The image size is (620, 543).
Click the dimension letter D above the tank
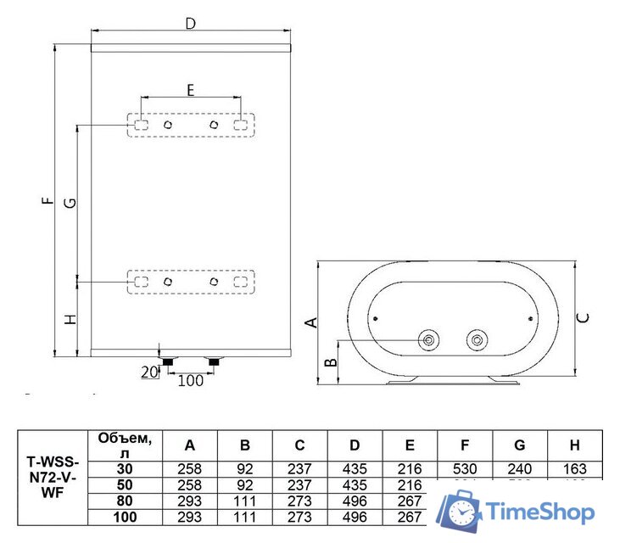coord(190,24)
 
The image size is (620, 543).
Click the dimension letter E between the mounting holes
coord(190,89)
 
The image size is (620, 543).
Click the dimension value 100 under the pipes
coord(191,380)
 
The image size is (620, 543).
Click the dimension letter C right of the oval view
coord(583,318)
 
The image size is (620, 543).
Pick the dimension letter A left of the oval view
coord(310,321)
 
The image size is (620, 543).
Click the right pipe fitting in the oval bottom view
coord(478,341)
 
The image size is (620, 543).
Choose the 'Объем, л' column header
coord(125,445)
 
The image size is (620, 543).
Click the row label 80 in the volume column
coord(125,501)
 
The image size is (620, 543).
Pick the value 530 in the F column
coord(465,468)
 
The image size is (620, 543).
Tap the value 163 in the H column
coord(574,468)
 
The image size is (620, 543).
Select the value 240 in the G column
coord(519,468)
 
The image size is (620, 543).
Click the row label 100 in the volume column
coord(125,517)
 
